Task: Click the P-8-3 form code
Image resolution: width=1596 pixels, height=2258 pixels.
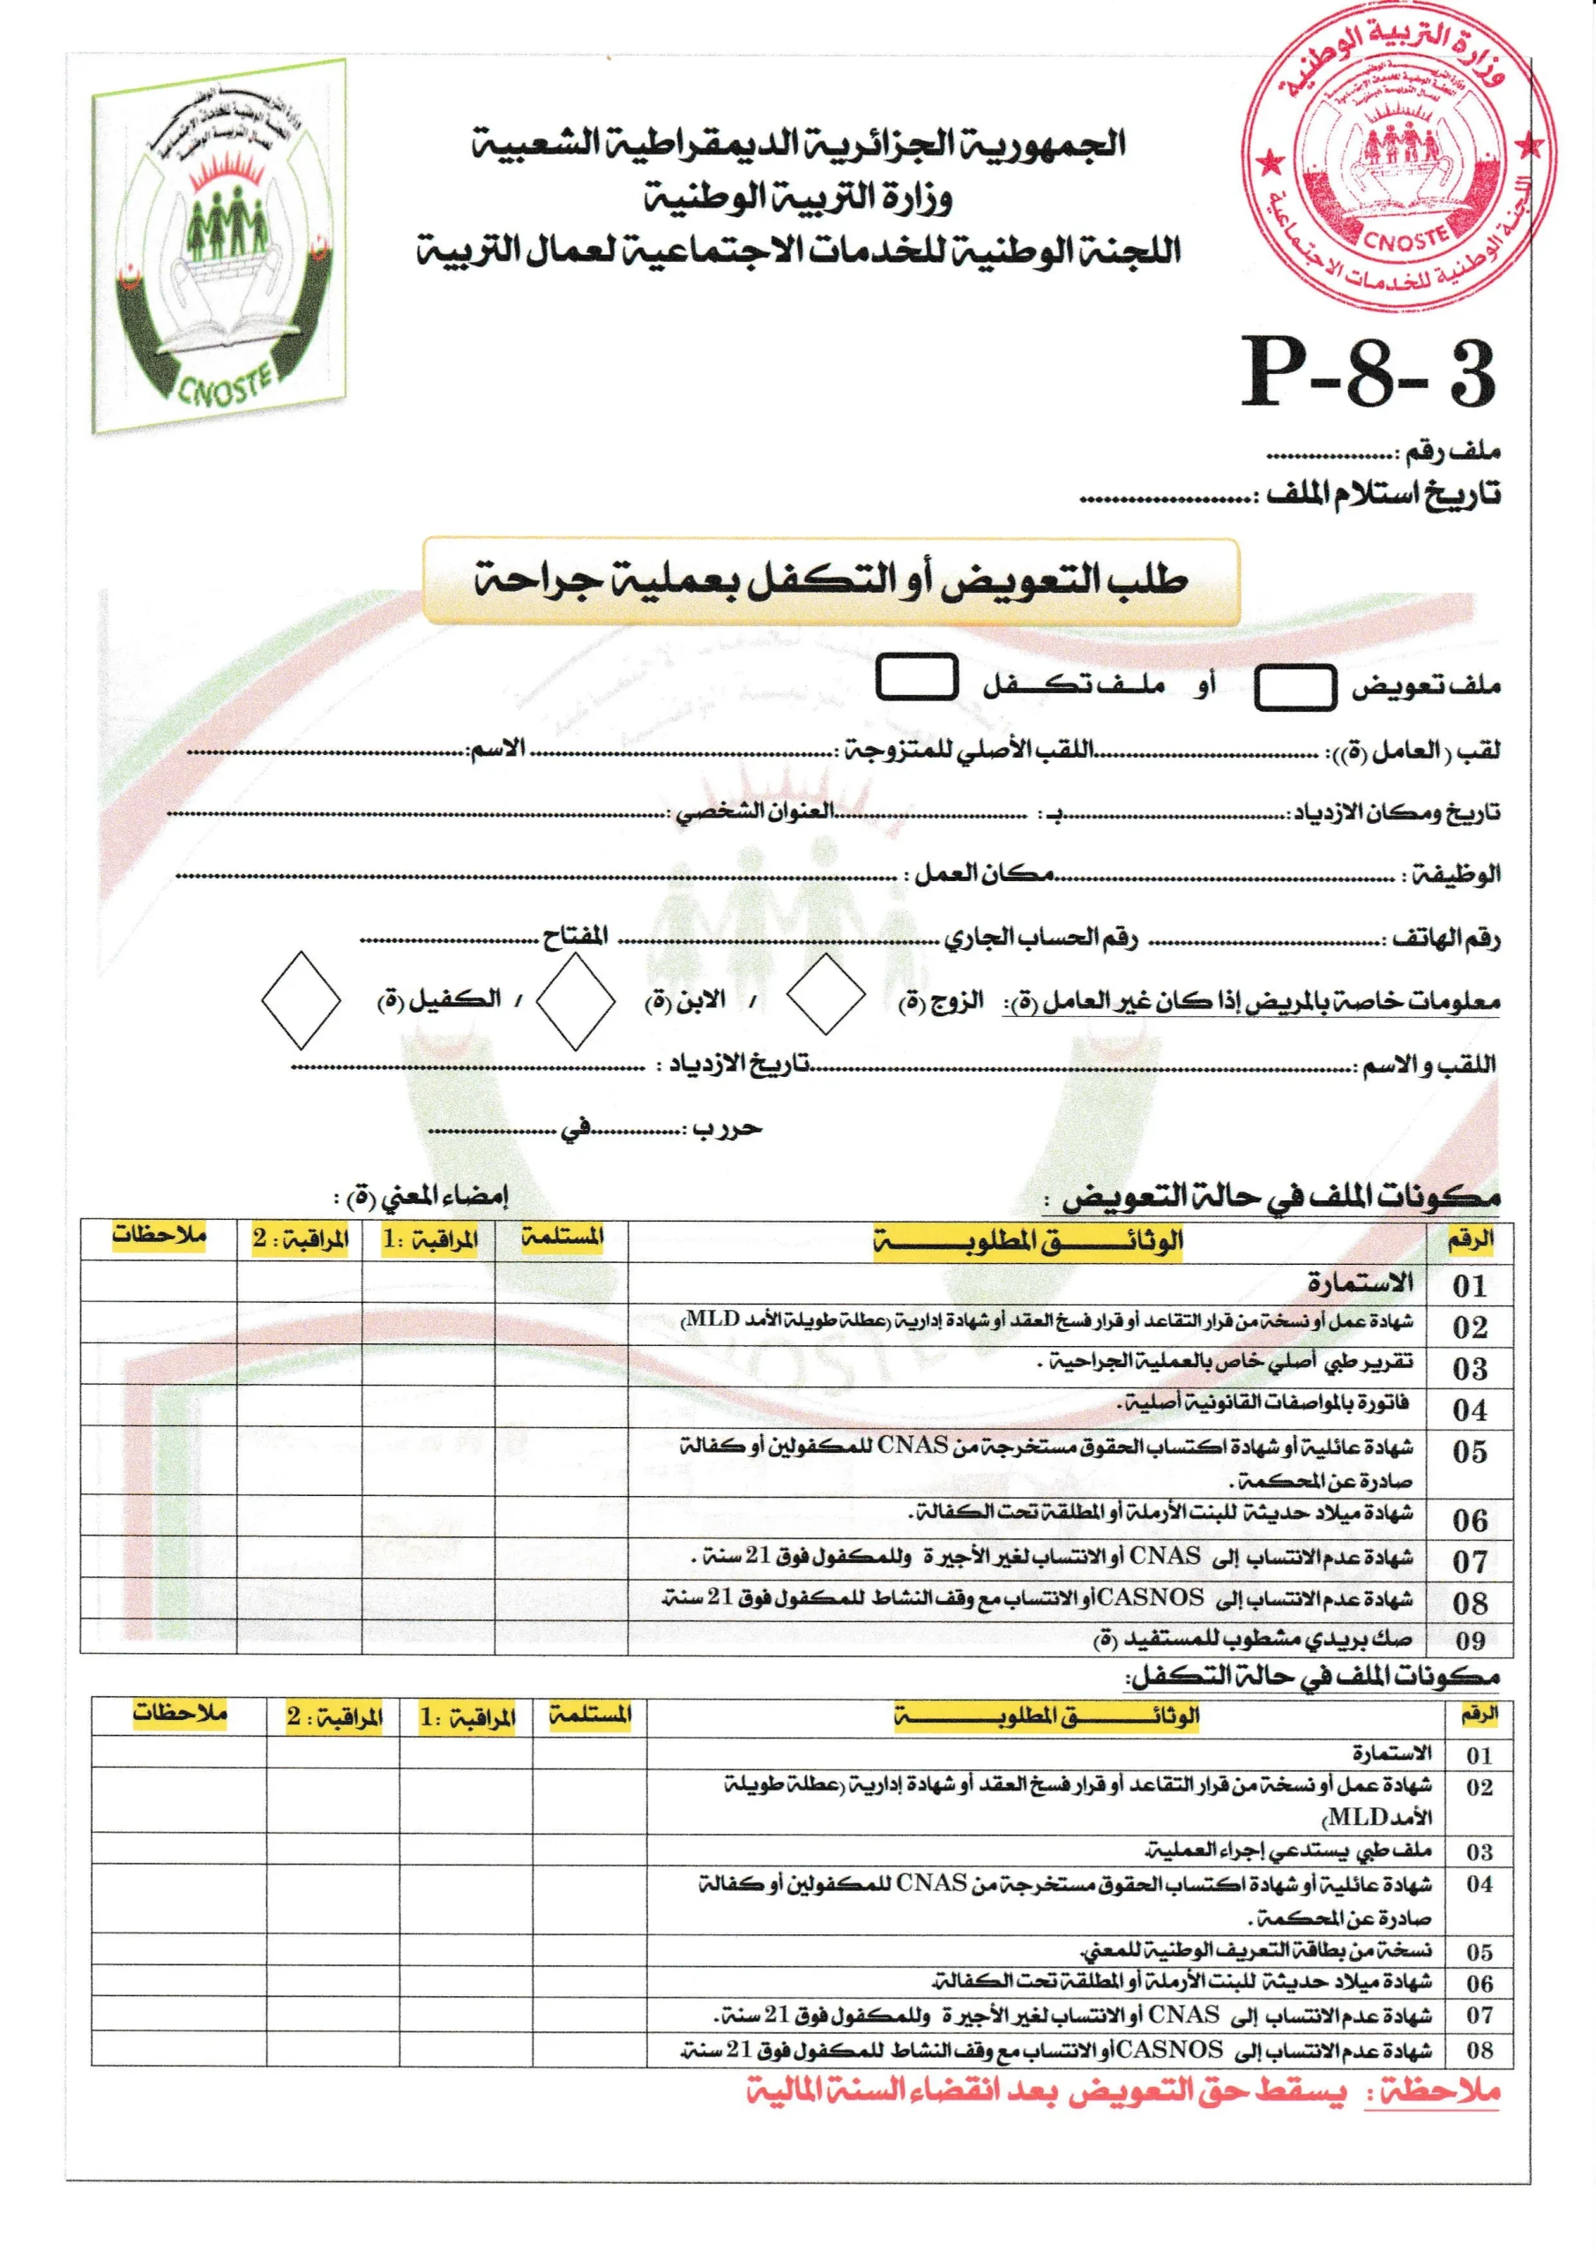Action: click(x=1367, y=373)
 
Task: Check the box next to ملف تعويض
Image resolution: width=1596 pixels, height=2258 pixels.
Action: click(x=1294, y=686)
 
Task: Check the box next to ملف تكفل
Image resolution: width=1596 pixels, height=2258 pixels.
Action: click(x=916, y=678)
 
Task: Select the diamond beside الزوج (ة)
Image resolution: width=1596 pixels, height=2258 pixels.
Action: click(x=825, y=994)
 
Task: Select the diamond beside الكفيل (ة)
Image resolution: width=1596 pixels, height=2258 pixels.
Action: click(x=300, y=999)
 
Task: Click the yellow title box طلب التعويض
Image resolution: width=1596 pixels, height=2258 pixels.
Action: click(x=831, y=580)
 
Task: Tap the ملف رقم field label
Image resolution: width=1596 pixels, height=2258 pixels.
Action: click(x=1450, y=452)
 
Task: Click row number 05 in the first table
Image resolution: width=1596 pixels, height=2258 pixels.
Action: click(x=1469, y=1452)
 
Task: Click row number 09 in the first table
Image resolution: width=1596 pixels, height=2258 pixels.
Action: click(x=1469, y=1641)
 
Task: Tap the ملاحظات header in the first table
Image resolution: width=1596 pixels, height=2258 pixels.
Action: click(x=159, y=1235)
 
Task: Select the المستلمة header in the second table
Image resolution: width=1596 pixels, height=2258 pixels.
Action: click(x=590, y=1716)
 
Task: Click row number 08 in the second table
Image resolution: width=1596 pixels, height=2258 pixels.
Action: click(x=1479, y=2051)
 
